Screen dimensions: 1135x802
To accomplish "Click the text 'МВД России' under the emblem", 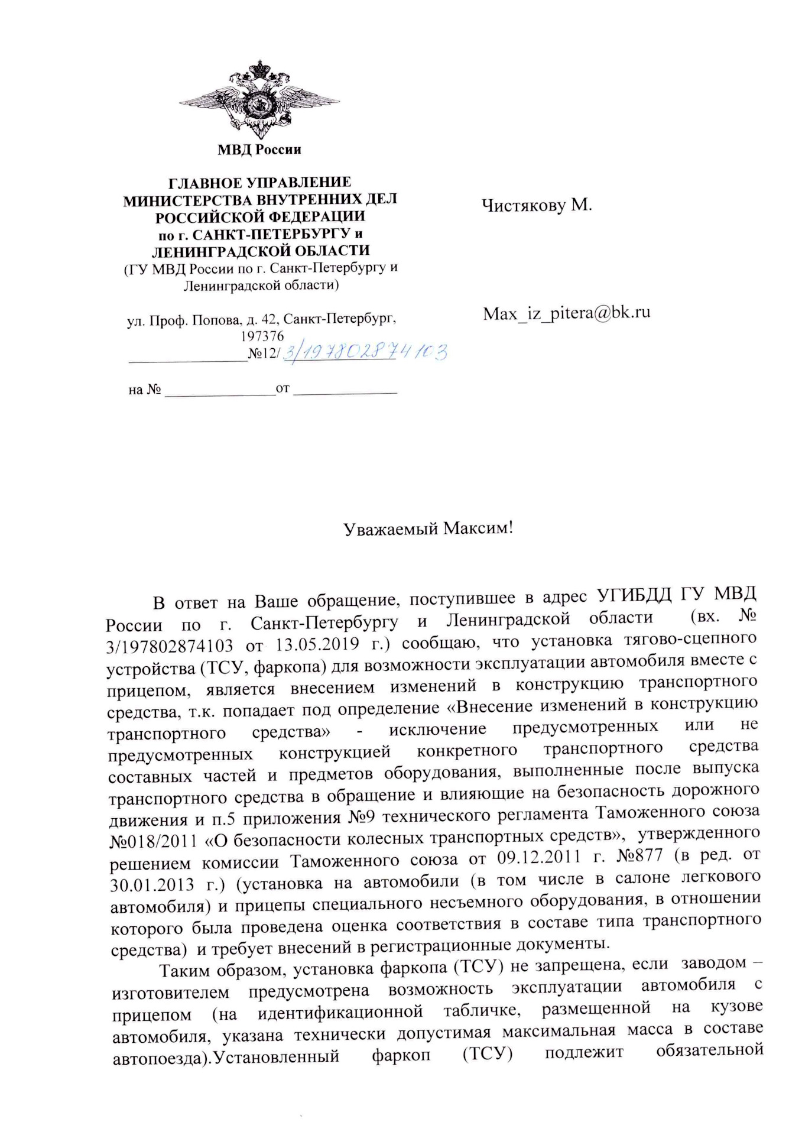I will click(x=259, y=150).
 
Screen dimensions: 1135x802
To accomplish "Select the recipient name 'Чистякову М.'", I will click(x=537, y=205).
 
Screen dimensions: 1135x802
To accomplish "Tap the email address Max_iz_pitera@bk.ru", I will click(x=566, y=313).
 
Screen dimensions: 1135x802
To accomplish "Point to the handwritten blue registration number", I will click(x=365, y=352).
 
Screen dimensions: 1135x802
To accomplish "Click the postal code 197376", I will click(x=262, y=336).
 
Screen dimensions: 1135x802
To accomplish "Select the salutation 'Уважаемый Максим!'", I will click(x=428, y=528).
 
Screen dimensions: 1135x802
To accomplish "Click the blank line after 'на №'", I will click(x=219, y=391).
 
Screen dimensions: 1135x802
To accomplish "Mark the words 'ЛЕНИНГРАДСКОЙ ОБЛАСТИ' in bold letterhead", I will click(x=261, y=251).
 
